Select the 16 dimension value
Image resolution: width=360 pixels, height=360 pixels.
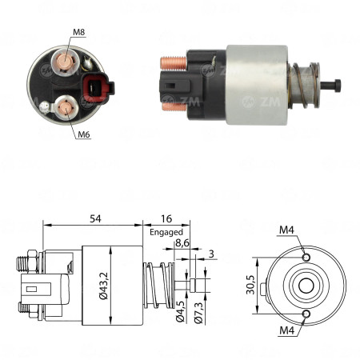point(166,218)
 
